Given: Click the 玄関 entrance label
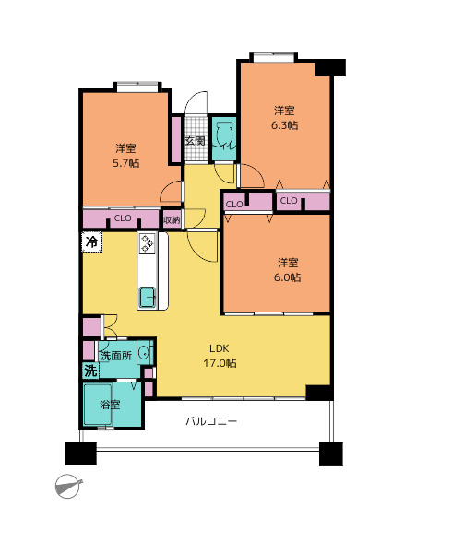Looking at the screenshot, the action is tap(195, 141).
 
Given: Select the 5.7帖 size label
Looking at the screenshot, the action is tap(126, 163).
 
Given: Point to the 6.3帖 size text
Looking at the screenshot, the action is tap(285, 125).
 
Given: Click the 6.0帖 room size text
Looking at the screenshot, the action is tap(288, 277).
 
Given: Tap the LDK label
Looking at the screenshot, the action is tap(220, 348).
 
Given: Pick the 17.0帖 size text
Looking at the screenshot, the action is tap(220, 363).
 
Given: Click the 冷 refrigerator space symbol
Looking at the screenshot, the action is tap(92, 241).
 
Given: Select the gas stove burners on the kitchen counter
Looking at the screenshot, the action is tap(148, 243).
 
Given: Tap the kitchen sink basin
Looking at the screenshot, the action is tap(148, 297).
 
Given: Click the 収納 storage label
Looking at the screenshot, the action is tap(172, 220).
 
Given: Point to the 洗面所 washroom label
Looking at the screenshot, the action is tap(116, 356).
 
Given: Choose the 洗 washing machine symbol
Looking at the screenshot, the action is tap(90, 371).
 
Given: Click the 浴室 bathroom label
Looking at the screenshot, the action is tap(110, 405).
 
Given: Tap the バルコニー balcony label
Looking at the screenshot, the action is tap(211, 421).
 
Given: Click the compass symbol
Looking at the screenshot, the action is tap(68, 486).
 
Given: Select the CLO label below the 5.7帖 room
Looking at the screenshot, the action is tap(123, 218).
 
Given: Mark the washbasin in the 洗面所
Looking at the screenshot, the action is tap(143, 352).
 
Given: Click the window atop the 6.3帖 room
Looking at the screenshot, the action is tap(274, 56).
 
